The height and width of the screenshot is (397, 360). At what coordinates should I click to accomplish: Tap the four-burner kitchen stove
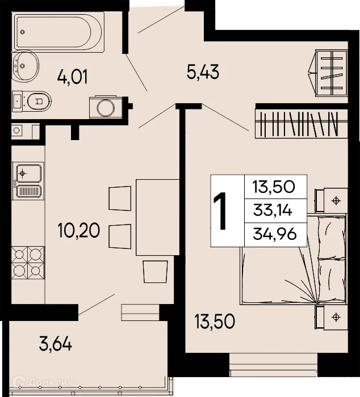tap(27, 261)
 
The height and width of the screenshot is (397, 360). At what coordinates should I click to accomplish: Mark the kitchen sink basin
tap(27, 171)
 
